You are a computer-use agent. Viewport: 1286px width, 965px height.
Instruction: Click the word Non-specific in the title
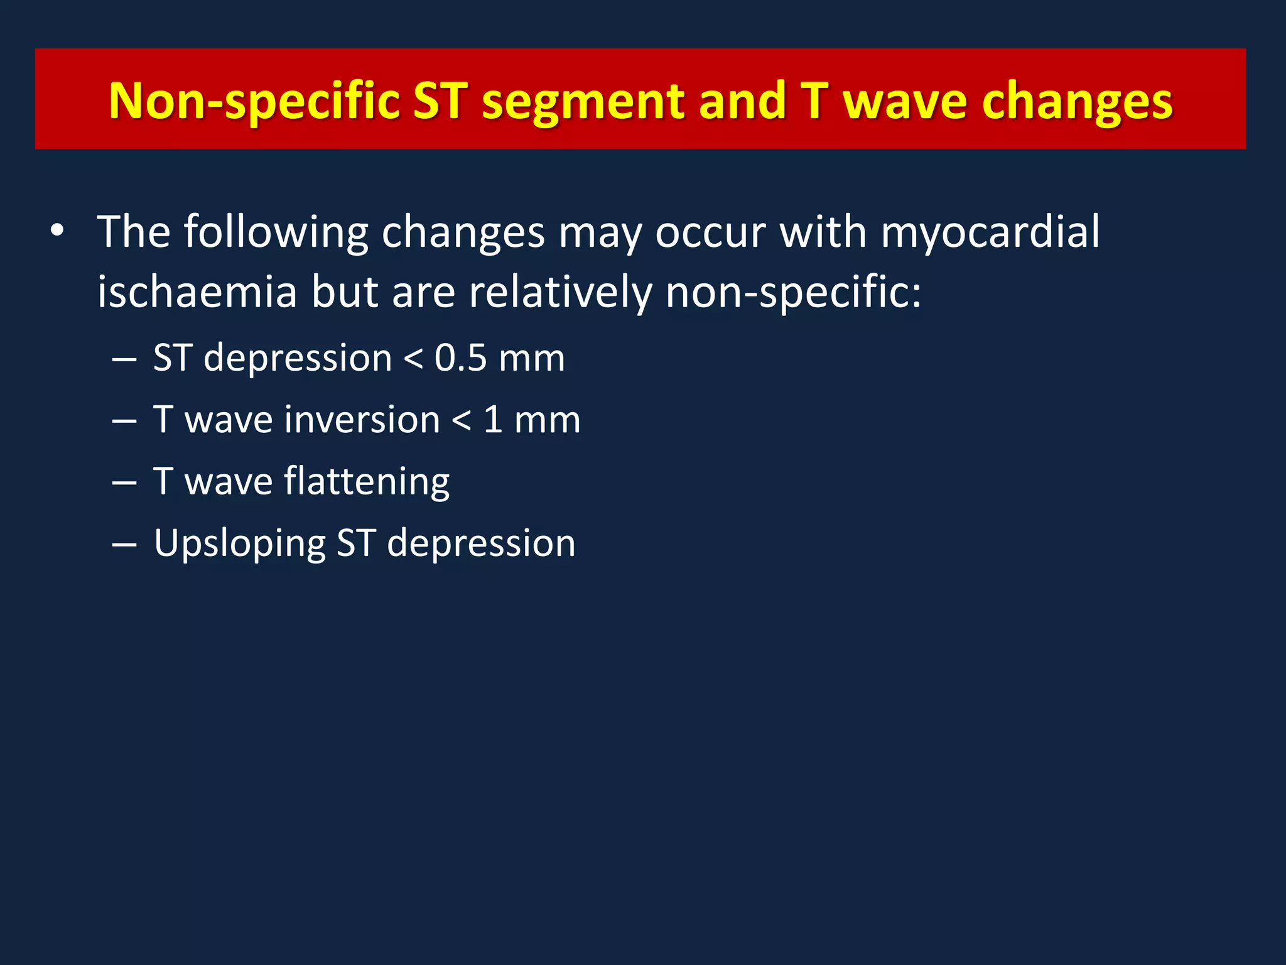[254, 101]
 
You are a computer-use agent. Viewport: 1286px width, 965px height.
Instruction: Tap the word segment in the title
[583, 101]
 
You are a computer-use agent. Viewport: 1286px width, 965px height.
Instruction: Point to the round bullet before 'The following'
[57, 232]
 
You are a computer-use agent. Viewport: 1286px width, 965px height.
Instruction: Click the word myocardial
[990, 232]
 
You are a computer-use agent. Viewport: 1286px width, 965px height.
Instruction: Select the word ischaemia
[197, 292]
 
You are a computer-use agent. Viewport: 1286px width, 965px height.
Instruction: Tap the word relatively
[560, 292]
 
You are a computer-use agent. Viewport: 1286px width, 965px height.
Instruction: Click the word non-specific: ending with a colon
[793, 292]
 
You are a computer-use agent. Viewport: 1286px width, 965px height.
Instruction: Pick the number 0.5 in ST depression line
[460, 358]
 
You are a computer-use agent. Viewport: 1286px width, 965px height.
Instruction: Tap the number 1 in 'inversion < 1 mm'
[493, 420]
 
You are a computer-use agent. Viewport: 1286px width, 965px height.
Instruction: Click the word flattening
[367, 482]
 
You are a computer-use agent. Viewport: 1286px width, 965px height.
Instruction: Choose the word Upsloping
[239, 544]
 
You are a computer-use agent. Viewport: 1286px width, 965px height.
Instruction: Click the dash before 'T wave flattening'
[124, 482]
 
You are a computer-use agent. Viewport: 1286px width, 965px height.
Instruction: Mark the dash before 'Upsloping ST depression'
[124, 544]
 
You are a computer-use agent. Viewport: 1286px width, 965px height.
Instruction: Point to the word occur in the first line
[710, 232]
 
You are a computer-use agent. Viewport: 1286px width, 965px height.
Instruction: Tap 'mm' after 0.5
[531, 358]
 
